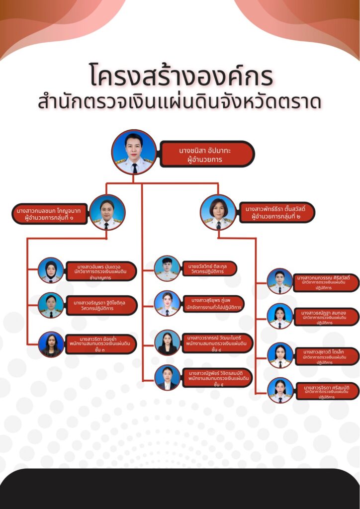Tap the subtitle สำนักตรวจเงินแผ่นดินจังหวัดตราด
[x=180, y=102]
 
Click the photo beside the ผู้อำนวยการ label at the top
[x=134, y=152]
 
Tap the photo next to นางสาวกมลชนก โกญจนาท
[x=107, y=212]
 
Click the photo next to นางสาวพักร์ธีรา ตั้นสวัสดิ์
[x=218, y=212]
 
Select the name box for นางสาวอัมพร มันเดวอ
[x=100, y=271]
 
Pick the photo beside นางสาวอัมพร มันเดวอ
[x=51, y=270]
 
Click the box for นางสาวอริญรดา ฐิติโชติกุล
[x=101, y=305]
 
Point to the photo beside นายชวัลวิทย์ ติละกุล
[x=167, y=268]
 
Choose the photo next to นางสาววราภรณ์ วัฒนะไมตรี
[x=167, y=342]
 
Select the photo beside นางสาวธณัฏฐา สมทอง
[x=280, y=316]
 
